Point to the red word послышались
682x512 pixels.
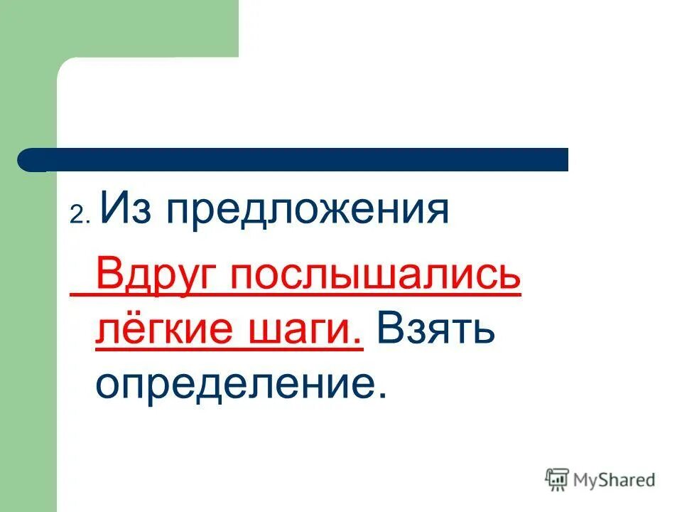coord(376,276)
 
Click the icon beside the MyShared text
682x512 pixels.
coord(558,480)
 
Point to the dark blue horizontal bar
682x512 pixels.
coord(298,159)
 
